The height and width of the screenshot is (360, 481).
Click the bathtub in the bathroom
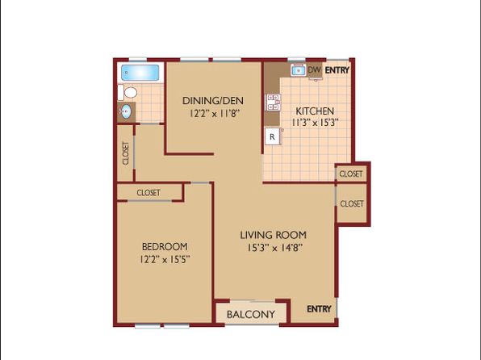[140, 73]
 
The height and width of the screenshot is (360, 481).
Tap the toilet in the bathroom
[128, 92]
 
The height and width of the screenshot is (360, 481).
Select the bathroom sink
[125, 111]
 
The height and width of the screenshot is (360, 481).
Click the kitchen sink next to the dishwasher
[298, 70]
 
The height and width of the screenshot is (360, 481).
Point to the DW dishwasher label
[315, 69]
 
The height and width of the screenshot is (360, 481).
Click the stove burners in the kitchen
[273, 103]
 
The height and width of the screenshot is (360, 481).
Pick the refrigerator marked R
[273, 136]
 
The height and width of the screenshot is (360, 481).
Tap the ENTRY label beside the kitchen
[337, 70]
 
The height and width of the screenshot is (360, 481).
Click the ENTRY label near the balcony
[319, 309]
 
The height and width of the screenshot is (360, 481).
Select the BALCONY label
[251, 314]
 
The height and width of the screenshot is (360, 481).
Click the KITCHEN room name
[315, 111]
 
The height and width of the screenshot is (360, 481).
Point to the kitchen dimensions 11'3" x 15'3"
[315, 123]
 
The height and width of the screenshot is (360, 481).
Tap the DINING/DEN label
[213, 101]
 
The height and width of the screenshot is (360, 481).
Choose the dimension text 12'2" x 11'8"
[214, 114]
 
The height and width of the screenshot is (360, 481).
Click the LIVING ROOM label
[273, 235]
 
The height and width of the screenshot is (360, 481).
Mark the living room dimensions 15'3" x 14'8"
[275, 248]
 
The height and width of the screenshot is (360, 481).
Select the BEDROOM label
[165, 246]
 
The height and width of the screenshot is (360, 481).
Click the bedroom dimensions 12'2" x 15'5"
[165, 260]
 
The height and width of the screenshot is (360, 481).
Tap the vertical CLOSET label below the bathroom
[126, 153]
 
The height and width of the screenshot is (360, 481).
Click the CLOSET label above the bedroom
[148, 193]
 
